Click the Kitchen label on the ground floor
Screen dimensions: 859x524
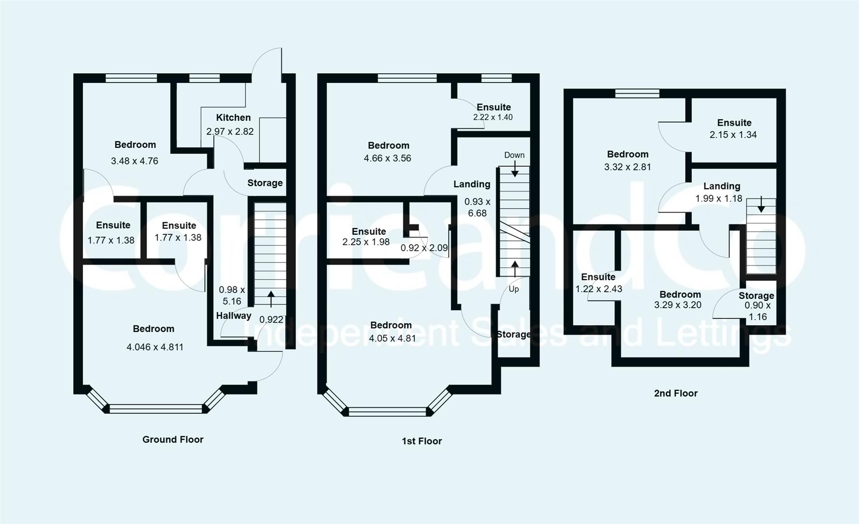pyautogui.click(x=233, y=117)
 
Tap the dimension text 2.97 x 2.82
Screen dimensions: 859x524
pyautogui.click(x=230, y=131)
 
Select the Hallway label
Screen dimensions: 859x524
pyautogui.click(x=234, y=316)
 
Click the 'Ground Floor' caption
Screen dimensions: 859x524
pyautogui.click(x=173, y=440)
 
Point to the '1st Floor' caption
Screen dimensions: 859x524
pyautogui.click(x=422, y=441)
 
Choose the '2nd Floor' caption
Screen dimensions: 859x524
pyautogui.click(x=676, y=393)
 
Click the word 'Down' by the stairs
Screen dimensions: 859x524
pyautogui.click(x=514, y=155)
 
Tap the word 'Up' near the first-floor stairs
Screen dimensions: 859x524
pyautogui.click(x=514, y=289)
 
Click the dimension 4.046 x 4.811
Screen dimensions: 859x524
pyautogui.click(x=155, y=347)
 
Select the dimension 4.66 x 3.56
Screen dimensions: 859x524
pyautogui.click(x=388, y=158)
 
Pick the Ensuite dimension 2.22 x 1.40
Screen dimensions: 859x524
pyautogui.click(x=493, y=117)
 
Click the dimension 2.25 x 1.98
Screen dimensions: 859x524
pyautogui.click(x=366, y=242)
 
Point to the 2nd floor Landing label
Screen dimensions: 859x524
pyautogui.click(x=722, y=186)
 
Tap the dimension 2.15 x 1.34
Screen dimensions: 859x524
pyautogui.click(x=733, y=135)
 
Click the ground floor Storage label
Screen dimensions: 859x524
pyautogui.click(x=265, y=183)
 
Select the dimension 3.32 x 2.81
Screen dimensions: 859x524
pyautogui.click(x=628, y=167)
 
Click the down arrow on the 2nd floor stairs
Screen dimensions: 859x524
pyautogui.click(x=761, y=204)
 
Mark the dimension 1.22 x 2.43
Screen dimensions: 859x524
pyautogui.click(x=599, y=289)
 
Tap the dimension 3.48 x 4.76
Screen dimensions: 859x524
pyautogui.click(x=134, y=161)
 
